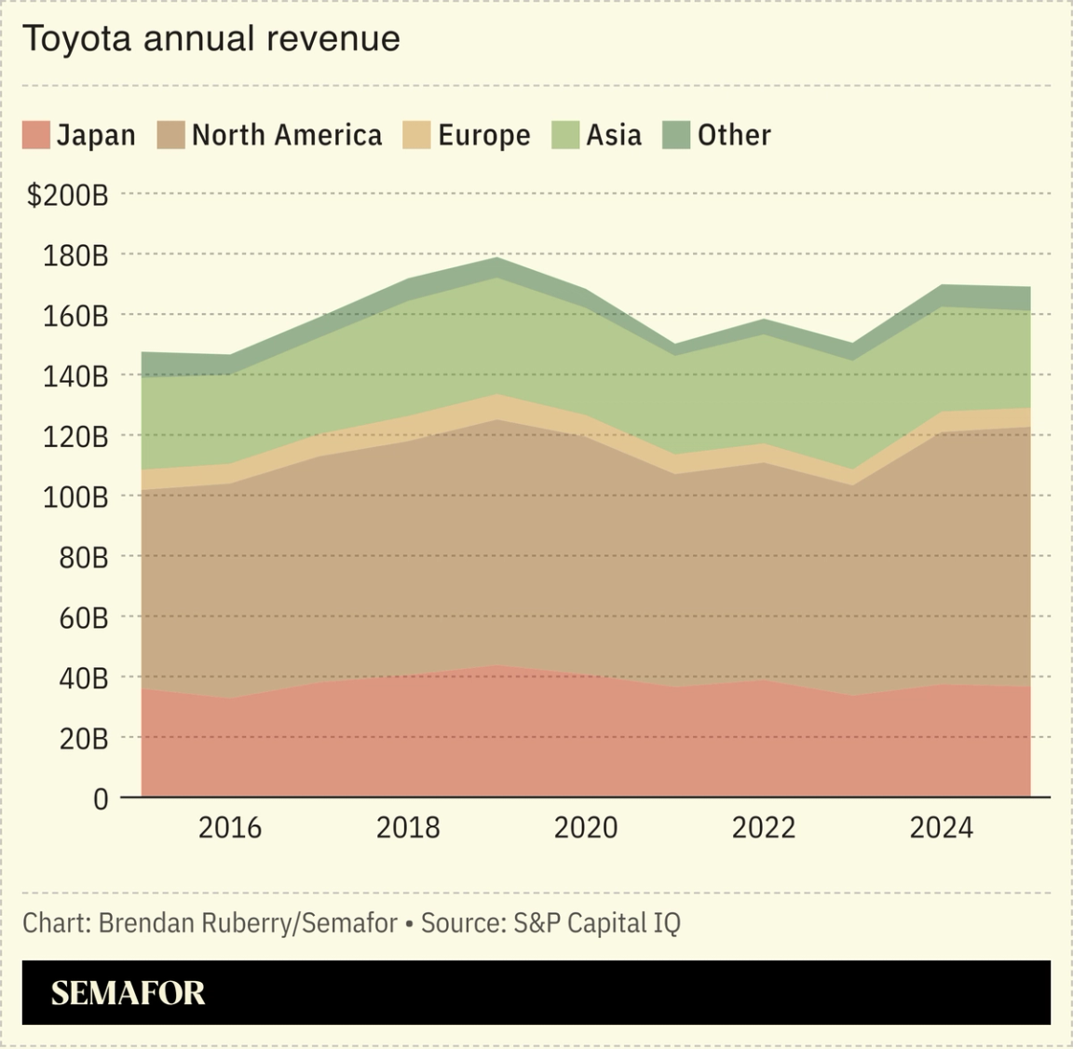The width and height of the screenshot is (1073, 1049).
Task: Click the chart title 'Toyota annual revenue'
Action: [x=211, y=39]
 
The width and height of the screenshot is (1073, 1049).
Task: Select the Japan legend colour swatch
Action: [x=35, y=135]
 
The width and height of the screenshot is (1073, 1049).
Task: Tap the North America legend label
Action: [x=287, y=135]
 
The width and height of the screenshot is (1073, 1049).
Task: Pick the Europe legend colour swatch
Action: [x=416, y=135]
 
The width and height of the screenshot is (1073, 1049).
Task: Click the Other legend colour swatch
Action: [x=676, y=135]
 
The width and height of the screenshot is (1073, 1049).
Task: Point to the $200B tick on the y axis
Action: [x=68, y=195]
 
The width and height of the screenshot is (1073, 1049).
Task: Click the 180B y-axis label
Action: [x=75, y=255]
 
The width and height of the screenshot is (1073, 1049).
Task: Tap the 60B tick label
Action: [x=84, y=618]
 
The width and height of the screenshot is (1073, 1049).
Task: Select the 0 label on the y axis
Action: [x=101, y=798]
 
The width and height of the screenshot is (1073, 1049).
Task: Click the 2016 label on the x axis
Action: [x=230, y=827]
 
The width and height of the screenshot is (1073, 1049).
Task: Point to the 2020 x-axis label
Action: [x=586, y=827]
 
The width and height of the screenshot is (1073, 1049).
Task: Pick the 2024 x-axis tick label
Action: [x=941, y=827]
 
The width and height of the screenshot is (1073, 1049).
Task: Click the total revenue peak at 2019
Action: [x=497, y=258]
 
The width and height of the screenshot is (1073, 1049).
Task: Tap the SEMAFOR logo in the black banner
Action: [x=128, y=993]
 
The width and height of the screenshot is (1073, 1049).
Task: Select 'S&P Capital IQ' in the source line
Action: [x=597, y=923]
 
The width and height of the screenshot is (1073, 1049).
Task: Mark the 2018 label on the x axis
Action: [x=408, y=827]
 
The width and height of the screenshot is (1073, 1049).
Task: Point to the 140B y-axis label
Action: [x=75, y=376]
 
